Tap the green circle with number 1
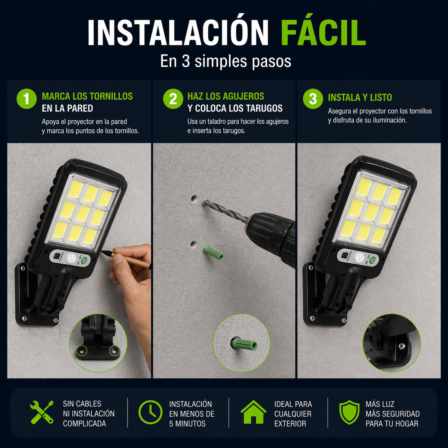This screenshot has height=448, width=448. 26,99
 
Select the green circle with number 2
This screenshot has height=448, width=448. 173,99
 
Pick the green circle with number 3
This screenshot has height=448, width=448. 313,99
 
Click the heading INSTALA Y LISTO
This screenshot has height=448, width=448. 360,98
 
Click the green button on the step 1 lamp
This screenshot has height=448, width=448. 86,260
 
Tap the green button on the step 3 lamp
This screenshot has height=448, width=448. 373,260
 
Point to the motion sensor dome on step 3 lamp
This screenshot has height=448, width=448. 359,258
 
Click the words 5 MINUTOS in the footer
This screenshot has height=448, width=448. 188,424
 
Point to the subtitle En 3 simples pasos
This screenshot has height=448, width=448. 225,61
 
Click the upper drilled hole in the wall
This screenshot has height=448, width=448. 193,199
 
